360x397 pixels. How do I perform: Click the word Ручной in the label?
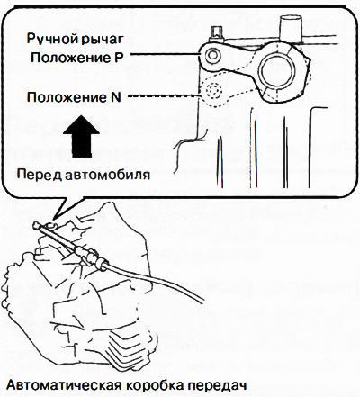49,39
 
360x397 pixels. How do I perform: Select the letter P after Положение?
119,58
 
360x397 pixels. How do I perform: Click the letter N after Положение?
115,97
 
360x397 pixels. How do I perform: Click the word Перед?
39,175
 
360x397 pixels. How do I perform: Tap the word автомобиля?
107,176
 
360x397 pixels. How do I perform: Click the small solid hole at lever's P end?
212,55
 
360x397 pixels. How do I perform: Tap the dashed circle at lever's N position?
213,90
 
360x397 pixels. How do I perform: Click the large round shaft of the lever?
275,70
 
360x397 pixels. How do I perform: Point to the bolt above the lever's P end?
216,34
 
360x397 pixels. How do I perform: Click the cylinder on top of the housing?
291,30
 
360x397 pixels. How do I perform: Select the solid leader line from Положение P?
166,55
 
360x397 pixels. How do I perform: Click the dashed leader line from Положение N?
165,96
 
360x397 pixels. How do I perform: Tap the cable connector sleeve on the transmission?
88,254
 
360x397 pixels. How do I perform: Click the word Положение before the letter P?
70,58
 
